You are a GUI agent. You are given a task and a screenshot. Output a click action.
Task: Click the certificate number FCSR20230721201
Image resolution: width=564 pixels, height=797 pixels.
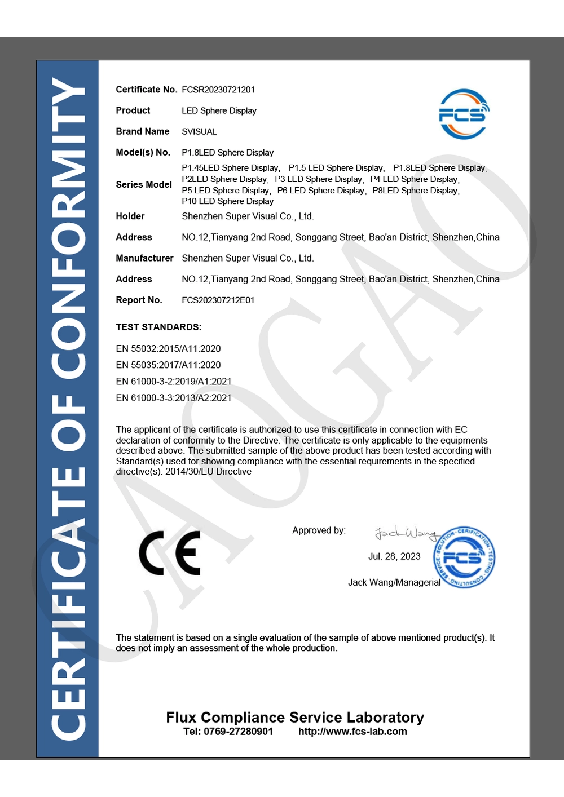(218, 90)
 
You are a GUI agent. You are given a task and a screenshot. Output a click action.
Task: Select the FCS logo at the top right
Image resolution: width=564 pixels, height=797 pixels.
(464, 114)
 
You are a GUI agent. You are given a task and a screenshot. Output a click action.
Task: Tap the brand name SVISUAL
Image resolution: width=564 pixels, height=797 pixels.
(199, 131)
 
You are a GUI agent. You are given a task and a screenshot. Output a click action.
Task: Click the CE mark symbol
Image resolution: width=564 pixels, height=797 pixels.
(170, 553)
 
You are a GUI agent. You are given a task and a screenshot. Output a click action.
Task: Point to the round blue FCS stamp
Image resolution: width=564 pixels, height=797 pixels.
(464, 557)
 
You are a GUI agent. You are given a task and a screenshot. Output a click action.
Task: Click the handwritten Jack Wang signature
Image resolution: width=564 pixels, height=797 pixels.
(406, 532)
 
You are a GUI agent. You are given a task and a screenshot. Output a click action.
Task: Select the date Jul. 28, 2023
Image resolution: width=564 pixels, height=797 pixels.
(394, 556)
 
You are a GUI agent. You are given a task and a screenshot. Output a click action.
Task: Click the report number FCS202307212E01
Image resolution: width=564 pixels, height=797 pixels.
(218, 300)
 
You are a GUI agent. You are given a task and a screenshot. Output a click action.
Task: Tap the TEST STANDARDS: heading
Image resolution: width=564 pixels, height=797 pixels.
(158, 327)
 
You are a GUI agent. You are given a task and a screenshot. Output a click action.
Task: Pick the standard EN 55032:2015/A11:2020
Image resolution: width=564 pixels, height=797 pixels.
(168, 349)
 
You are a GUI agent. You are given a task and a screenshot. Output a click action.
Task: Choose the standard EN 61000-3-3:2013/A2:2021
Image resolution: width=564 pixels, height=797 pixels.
(174, 398)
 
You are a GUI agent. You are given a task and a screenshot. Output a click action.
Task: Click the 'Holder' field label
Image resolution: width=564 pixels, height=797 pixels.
(130, 216)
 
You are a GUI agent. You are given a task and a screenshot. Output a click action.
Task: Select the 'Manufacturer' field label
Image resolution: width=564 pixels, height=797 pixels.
(144, 258)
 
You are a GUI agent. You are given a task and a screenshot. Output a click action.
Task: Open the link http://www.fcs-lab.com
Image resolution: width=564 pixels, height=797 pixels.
(352, 732)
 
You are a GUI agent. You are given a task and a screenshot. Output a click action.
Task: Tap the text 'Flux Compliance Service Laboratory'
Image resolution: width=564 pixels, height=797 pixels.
(295, 717)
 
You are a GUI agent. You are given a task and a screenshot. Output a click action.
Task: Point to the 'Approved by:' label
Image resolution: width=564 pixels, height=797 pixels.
(319, 530)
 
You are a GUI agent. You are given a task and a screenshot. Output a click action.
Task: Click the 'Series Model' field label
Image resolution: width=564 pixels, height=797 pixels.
(144, 184)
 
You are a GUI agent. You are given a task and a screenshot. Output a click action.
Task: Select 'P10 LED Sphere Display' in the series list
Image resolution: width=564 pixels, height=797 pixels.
(227, 201)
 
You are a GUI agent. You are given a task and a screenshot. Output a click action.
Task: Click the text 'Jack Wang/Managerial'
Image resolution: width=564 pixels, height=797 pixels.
(394, 582)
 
